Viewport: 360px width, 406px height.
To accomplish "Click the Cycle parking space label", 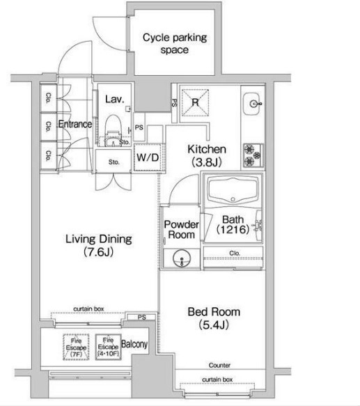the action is coord(175,43).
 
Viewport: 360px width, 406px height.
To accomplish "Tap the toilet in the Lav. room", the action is coord(114,130).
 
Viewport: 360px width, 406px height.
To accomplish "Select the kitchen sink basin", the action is coord(252,104).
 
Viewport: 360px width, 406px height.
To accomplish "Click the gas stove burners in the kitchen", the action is coord(253,155).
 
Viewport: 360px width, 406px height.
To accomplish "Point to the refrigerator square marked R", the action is coord(195,102).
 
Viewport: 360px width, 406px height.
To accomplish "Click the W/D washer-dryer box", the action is coord(148,157).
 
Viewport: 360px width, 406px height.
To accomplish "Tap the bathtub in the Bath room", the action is coord(233,190).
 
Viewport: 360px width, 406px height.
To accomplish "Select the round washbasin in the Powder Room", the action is coord(182,258).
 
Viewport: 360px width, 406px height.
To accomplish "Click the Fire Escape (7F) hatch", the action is coord(76,347).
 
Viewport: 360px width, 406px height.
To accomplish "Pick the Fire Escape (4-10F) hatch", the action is coord(108,347).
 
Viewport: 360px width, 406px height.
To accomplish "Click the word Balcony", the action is coord(134,344).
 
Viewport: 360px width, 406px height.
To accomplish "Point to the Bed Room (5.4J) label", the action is coord(214,318).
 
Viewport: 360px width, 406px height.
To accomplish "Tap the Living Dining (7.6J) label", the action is coord(99,245).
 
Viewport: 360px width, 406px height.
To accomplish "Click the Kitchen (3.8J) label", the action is coord(207,155).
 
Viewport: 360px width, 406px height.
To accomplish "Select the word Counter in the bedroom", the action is coord(219,365).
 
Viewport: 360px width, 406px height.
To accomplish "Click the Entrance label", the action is coord(75,124).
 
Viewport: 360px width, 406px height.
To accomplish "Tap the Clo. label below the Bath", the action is coord(235,253).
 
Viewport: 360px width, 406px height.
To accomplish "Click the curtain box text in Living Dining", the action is coord(88,309).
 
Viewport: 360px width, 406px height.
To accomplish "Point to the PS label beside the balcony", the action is coord(142,317).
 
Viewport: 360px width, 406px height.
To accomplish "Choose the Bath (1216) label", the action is coord(233,224).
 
